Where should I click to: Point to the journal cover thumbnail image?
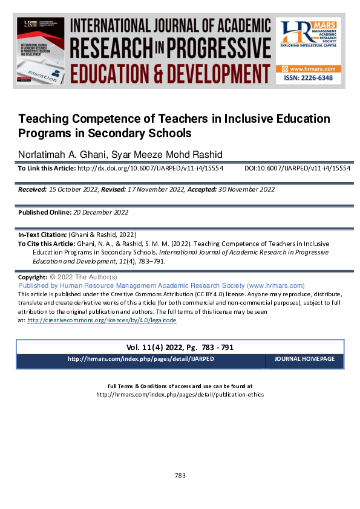coord(41,52)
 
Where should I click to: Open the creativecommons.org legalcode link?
coord(101,320)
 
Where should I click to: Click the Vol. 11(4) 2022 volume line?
coord(180,348)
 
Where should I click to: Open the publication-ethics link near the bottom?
coord(180,394)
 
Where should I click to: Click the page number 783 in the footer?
coord(180,475)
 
